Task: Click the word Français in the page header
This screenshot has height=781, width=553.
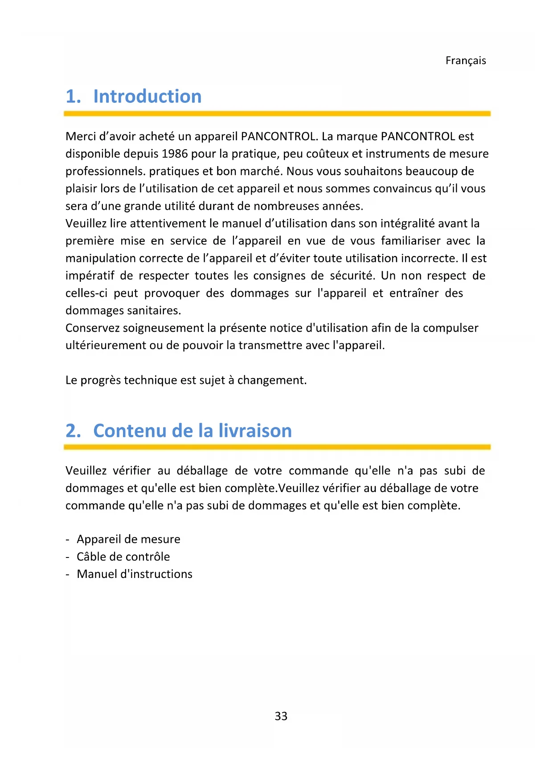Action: tap(465, 61)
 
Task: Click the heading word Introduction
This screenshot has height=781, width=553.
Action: tap(147, 96)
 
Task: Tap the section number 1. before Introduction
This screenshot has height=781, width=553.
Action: tap(73, 97)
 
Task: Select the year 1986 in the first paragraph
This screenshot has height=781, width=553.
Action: tap(175, 154)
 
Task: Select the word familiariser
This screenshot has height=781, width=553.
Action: tap(410, 241)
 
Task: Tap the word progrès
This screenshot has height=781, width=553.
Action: tap(100, 380)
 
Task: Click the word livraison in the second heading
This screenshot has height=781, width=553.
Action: tap(255, 431)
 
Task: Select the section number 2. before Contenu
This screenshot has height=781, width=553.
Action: tap(73, 431)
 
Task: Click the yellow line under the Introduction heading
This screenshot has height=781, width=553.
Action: tap(277, 114)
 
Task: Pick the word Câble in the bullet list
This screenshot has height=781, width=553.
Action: tap(92, 557)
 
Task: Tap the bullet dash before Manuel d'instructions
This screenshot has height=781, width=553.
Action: tap(67, 574)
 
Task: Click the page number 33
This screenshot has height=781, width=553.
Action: tap(281, 716)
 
